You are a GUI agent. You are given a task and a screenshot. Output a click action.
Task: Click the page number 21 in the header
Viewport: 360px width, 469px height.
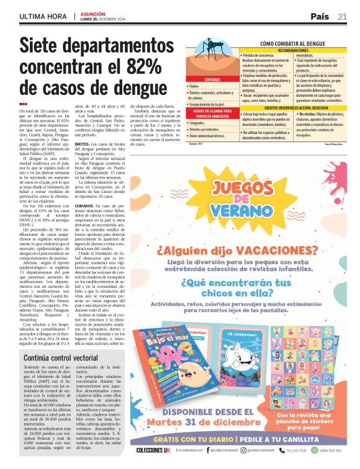[342, 16]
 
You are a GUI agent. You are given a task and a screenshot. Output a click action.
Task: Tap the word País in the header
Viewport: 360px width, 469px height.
[320, 16]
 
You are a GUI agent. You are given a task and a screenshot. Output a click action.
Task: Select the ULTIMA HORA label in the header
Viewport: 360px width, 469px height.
[43, 16]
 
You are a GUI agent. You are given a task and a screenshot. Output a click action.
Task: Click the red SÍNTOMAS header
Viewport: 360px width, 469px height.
[212, 80]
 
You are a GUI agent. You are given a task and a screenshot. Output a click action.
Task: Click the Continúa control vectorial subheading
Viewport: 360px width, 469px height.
[60, 359]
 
